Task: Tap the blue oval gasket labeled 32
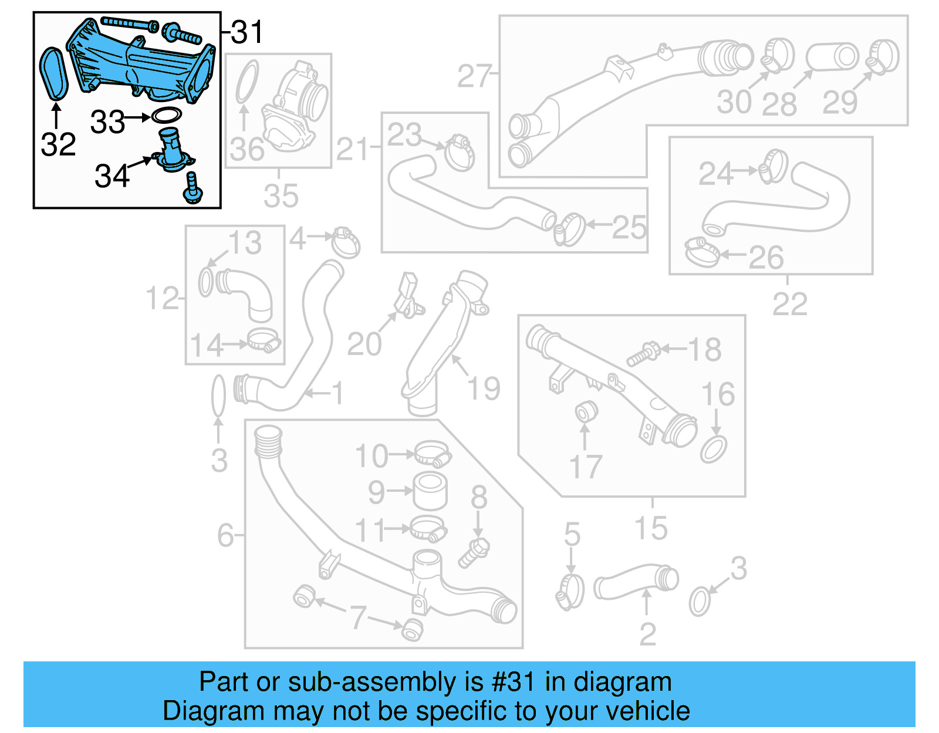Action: [54, 73]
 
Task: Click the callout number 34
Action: [112, 175]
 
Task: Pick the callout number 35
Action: [281, 196]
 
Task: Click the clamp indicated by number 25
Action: [569, 229]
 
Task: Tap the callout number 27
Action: [474, 76]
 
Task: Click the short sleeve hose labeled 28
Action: [832, 58]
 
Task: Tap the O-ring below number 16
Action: [714, 450]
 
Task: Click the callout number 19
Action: [484, 389]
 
